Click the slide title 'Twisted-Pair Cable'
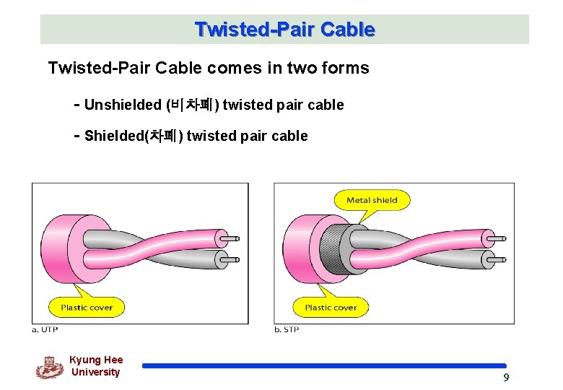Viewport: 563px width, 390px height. click(284, 30)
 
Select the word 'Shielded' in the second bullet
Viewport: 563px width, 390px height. click(115, 136)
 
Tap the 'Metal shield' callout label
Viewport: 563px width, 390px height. click(372, 200)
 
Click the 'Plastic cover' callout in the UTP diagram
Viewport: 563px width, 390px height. click(86, 307)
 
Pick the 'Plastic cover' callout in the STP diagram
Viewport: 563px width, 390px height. click(330, 307)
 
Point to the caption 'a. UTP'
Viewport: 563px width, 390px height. click(45, 329)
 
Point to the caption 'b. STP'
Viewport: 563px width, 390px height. click(287, 329)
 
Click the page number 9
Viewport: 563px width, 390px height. click(506, 377)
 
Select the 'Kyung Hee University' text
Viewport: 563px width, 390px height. click(96, 366)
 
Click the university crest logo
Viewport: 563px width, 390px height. click(49, 367)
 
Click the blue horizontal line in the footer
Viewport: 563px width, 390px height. click(324, 366)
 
